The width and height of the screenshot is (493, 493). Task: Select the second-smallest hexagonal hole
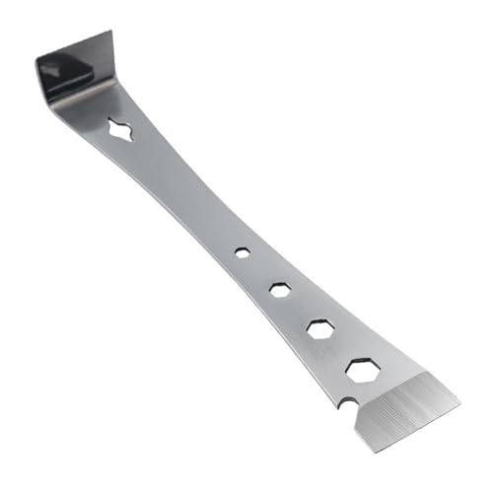coord(279,289)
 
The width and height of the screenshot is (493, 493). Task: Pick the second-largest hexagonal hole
coord(319,329)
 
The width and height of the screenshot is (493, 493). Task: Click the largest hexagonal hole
coord(362,372)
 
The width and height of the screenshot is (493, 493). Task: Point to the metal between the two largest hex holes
coord(340,350)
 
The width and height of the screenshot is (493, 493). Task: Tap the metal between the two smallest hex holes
coord(260,270)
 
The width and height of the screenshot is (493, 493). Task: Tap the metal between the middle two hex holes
coord(299,309)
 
